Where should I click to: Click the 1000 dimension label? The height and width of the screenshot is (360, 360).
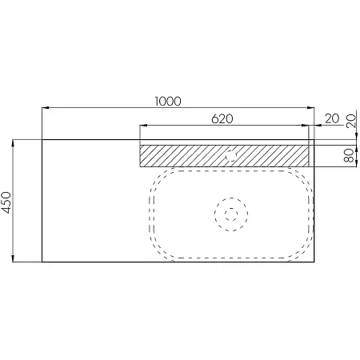(x=168, y=102)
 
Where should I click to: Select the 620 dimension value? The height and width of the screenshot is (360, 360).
(x=222, y=119)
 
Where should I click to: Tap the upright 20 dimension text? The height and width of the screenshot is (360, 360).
(x=332, y=119)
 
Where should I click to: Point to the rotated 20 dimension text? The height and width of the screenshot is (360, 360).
(x=351, y=121)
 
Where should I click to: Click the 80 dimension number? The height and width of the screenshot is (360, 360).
(x=349, y=156)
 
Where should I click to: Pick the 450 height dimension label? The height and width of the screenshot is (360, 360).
(x=6, y=202)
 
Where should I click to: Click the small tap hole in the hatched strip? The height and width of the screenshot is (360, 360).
(x=231, y=155)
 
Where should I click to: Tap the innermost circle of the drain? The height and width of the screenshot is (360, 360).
(x=231, y=214)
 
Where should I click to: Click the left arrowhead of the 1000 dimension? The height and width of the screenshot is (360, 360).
(x=46, y=108)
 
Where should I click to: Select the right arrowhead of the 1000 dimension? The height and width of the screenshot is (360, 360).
(x=310, y=108)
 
